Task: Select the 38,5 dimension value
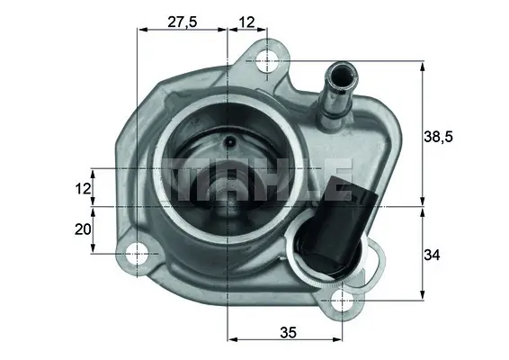[439, 137]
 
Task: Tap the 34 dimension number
[432, 256]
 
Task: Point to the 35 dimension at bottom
[287, 331]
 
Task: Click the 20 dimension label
[83, 229]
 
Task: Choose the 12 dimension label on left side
[83, 189]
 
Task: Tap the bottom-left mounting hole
[138, 255]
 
